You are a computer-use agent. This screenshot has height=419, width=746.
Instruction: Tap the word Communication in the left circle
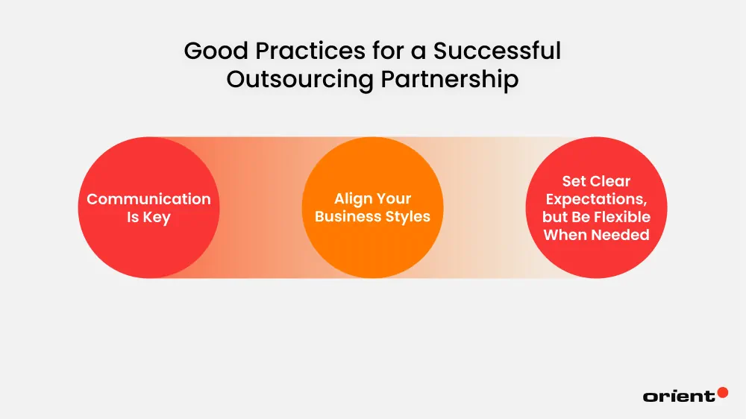[x=148, y=199]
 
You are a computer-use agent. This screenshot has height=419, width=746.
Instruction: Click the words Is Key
[x=148, y=218]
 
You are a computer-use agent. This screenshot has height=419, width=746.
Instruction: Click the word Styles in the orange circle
[x=406, y=217]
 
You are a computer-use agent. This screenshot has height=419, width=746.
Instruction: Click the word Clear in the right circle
[x=611, y=181]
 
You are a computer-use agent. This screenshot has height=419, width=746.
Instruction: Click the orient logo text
[x=678, y=397]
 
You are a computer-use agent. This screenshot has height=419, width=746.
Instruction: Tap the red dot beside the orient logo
[x=722, y=392]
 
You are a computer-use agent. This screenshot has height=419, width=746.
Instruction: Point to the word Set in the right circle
[x=574, y=181]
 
